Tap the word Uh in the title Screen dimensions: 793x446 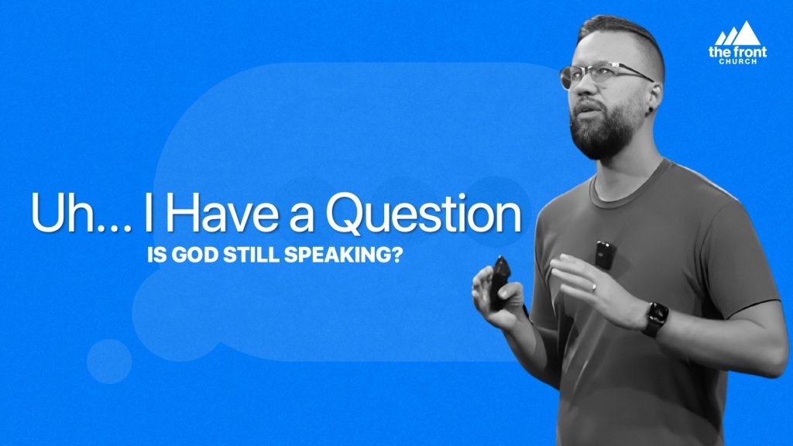(62, 212)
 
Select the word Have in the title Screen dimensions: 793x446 (221, 212)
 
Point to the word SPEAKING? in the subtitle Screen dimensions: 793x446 (343, 255)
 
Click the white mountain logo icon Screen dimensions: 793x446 (737, 33)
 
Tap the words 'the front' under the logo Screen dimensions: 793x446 (737, 52)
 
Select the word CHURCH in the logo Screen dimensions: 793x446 (738, 62)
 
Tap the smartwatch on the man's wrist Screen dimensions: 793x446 (655, 318)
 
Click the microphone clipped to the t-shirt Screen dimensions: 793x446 (605, 255)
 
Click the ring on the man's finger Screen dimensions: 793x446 (594, 287)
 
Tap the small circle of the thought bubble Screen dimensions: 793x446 (109, 361)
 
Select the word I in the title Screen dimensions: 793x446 (148, 212)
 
